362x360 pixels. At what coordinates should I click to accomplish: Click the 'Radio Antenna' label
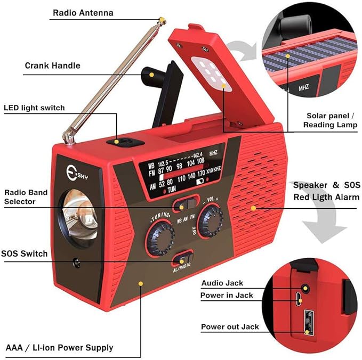(83, 13)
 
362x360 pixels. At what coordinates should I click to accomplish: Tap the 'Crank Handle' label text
(53, 66)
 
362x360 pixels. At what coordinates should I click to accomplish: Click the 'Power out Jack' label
(230, 326)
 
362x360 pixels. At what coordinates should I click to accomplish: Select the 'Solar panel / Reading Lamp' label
(327, 120)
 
